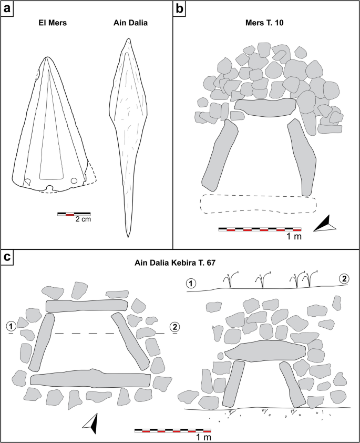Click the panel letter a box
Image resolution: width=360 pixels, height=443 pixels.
coord(8,9)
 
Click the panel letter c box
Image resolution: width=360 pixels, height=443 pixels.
coord(8,257)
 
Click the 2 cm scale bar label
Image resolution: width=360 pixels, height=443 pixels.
coord(83,219)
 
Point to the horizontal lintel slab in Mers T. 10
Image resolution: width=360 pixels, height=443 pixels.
coord(265,106)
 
